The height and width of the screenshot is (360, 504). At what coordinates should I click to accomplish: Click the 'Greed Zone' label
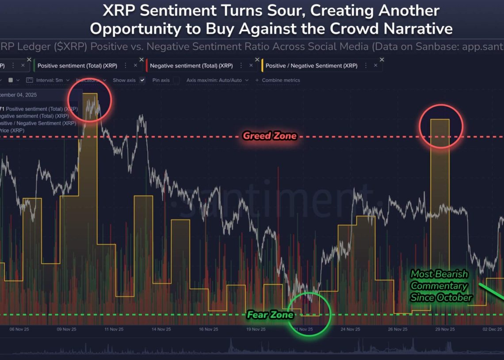click(x=269, y=136)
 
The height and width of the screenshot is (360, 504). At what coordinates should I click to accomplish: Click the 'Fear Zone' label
click(x=270, y=315)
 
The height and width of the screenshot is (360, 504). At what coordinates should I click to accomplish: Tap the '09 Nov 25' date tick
click(x=67, y=329)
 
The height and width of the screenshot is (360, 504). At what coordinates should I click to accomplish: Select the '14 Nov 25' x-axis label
click(x=161, y=329)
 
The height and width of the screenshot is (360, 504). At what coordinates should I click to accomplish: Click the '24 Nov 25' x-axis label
click(x=351, y=329)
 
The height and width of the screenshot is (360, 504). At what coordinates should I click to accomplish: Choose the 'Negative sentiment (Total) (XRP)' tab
click(x=191, y=66)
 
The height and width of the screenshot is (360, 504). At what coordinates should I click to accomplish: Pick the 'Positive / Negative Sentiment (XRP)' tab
click(x=311, y=66)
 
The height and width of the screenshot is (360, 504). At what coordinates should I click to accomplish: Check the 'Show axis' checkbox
click(x=142, y=80)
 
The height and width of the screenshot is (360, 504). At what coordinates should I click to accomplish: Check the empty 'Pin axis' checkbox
click(x=176, y=80)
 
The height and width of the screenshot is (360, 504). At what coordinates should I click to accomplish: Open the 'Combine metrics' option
click(x=281, y=80)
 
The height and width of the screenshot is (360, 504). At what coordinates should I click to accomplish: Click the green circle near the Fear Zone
click(x=309, y=314)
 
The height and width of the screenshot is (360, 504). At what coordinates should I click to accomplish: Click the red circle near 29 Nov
click(x=441, y=126)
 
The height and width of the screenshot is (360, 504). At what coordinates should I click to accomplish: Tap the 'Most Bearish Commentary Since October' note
click(x=440, y=286)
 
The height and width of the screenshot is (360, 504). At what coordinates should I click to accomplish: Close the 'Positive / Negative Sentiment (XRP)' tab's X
click(x=382, y=60)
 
